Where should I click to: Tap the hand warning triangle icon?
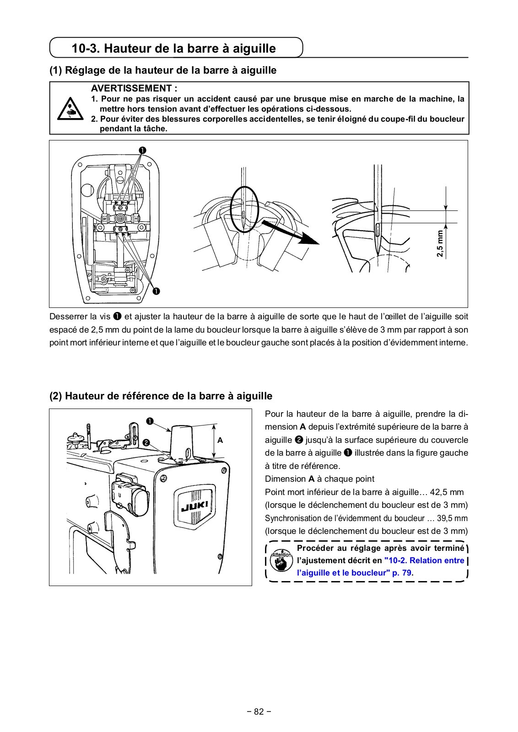click(x=70, y=109)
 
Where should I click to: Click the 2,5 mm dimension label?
click(x=440, y=243)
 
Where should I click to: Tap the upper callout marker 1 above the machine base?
click(x=143, y=151)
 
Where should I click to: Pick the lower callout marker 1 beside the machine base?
click(x=156, y=291)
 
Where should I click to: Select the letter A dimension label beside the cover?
click(x=220, y=440)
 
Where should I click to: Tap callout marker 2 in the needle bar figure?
click(x=146, y=442)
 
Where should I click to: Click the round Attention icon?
click(x=281, y=560)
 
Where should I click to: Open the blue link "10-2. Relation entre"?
click(x=424, y=560)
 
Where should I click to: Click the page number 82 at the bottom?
click(x=259, y=711)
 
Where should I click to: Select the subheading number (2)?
click(x=56, y=396)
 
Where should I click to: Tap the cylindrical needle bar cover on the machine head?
click(x=182, y=441)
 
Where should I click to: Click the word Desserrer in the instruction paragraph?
click(x=68, y=317)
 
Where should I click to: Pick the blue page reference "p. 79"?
click(x=402, y=573)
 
